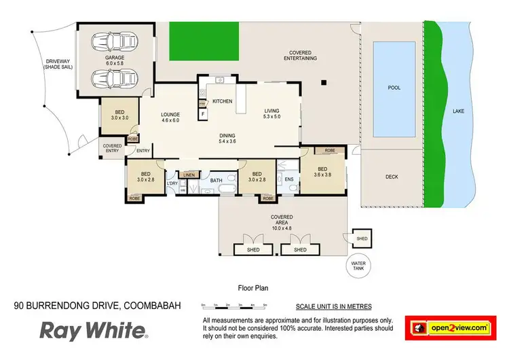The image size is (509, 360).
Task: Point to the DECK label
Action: (392, 177)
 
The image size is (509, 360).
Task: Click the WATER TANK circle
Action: (358, 264)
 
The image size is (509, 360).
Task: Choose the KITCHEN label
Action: (223, 101)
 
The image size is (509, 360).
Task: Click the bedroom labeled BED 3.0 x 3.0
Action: (119, 114)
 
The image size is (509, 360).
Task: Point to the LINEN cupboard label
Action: (190, 175)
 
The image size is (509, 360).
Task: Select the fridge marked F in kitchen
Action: (202, 114)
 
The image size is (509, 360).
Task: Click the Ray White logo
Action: (93, 330)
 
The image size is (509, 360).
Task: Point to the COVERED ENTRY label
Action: (112, 147)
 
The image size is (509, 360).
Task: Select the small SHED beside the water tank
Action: (362, 238)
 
